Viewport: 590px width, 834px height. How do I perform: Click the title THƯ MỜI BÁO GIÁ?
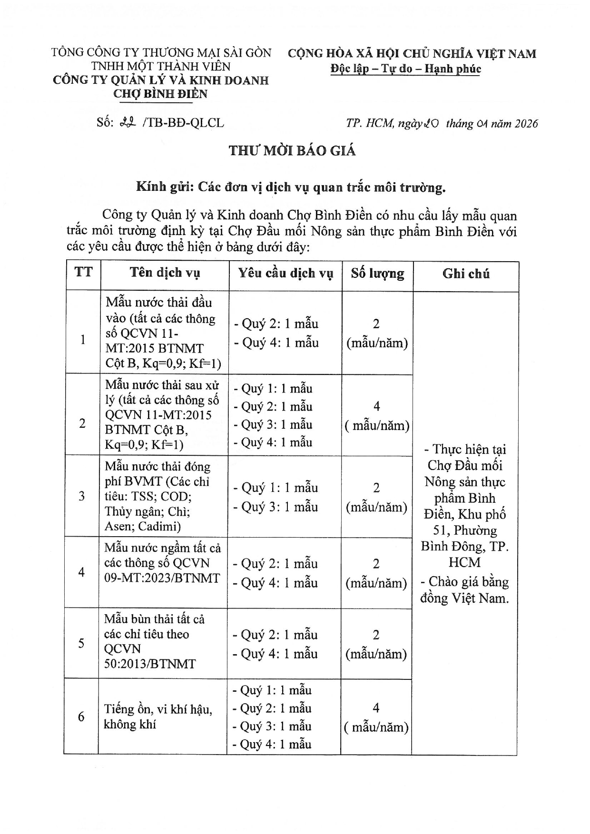click(x=292, y=151)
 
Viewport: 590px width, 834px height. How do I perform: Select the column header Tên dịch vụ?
click(x=165, y=273)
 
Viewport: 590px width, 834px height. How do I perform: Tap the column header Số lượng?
click(x=377, y=273)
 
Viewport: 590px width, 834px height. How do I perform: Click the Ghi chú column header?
click(x=466, y=274)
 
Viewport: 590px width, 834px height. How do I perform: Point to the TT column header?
click(x=83, y=272)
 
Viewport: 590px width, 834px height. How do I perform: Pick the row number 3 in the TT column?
click(x=82, y=496)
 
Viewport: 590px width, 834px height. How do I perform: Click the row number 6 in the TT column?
click(x=81, y=716)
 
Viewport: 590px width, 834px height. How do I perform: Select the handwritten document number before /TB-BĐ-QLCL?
click(x=128, y=123)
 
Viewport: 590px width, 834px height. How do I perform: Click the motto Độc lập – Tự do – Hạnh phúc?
click(x=406, y=69)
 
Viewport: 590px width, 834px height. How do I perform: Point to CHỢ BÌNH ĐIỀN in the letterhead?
click(x=160, y=94)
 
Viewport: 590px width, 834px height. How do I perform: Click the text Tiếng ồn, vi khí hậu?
click(x=158, y=709)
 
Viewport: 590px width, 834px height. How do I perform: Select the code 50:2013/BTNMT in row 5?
click(x=150, y=664)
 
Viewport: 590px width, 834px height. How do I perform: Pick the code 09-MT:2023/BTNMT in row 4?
click(x=162, y=578)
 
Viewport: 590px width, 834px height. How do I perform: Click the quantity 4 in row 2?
click(x=377, y=406)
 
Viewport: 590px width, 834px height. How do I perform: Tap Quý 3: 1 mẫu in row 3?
click(x=275, y=507)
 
